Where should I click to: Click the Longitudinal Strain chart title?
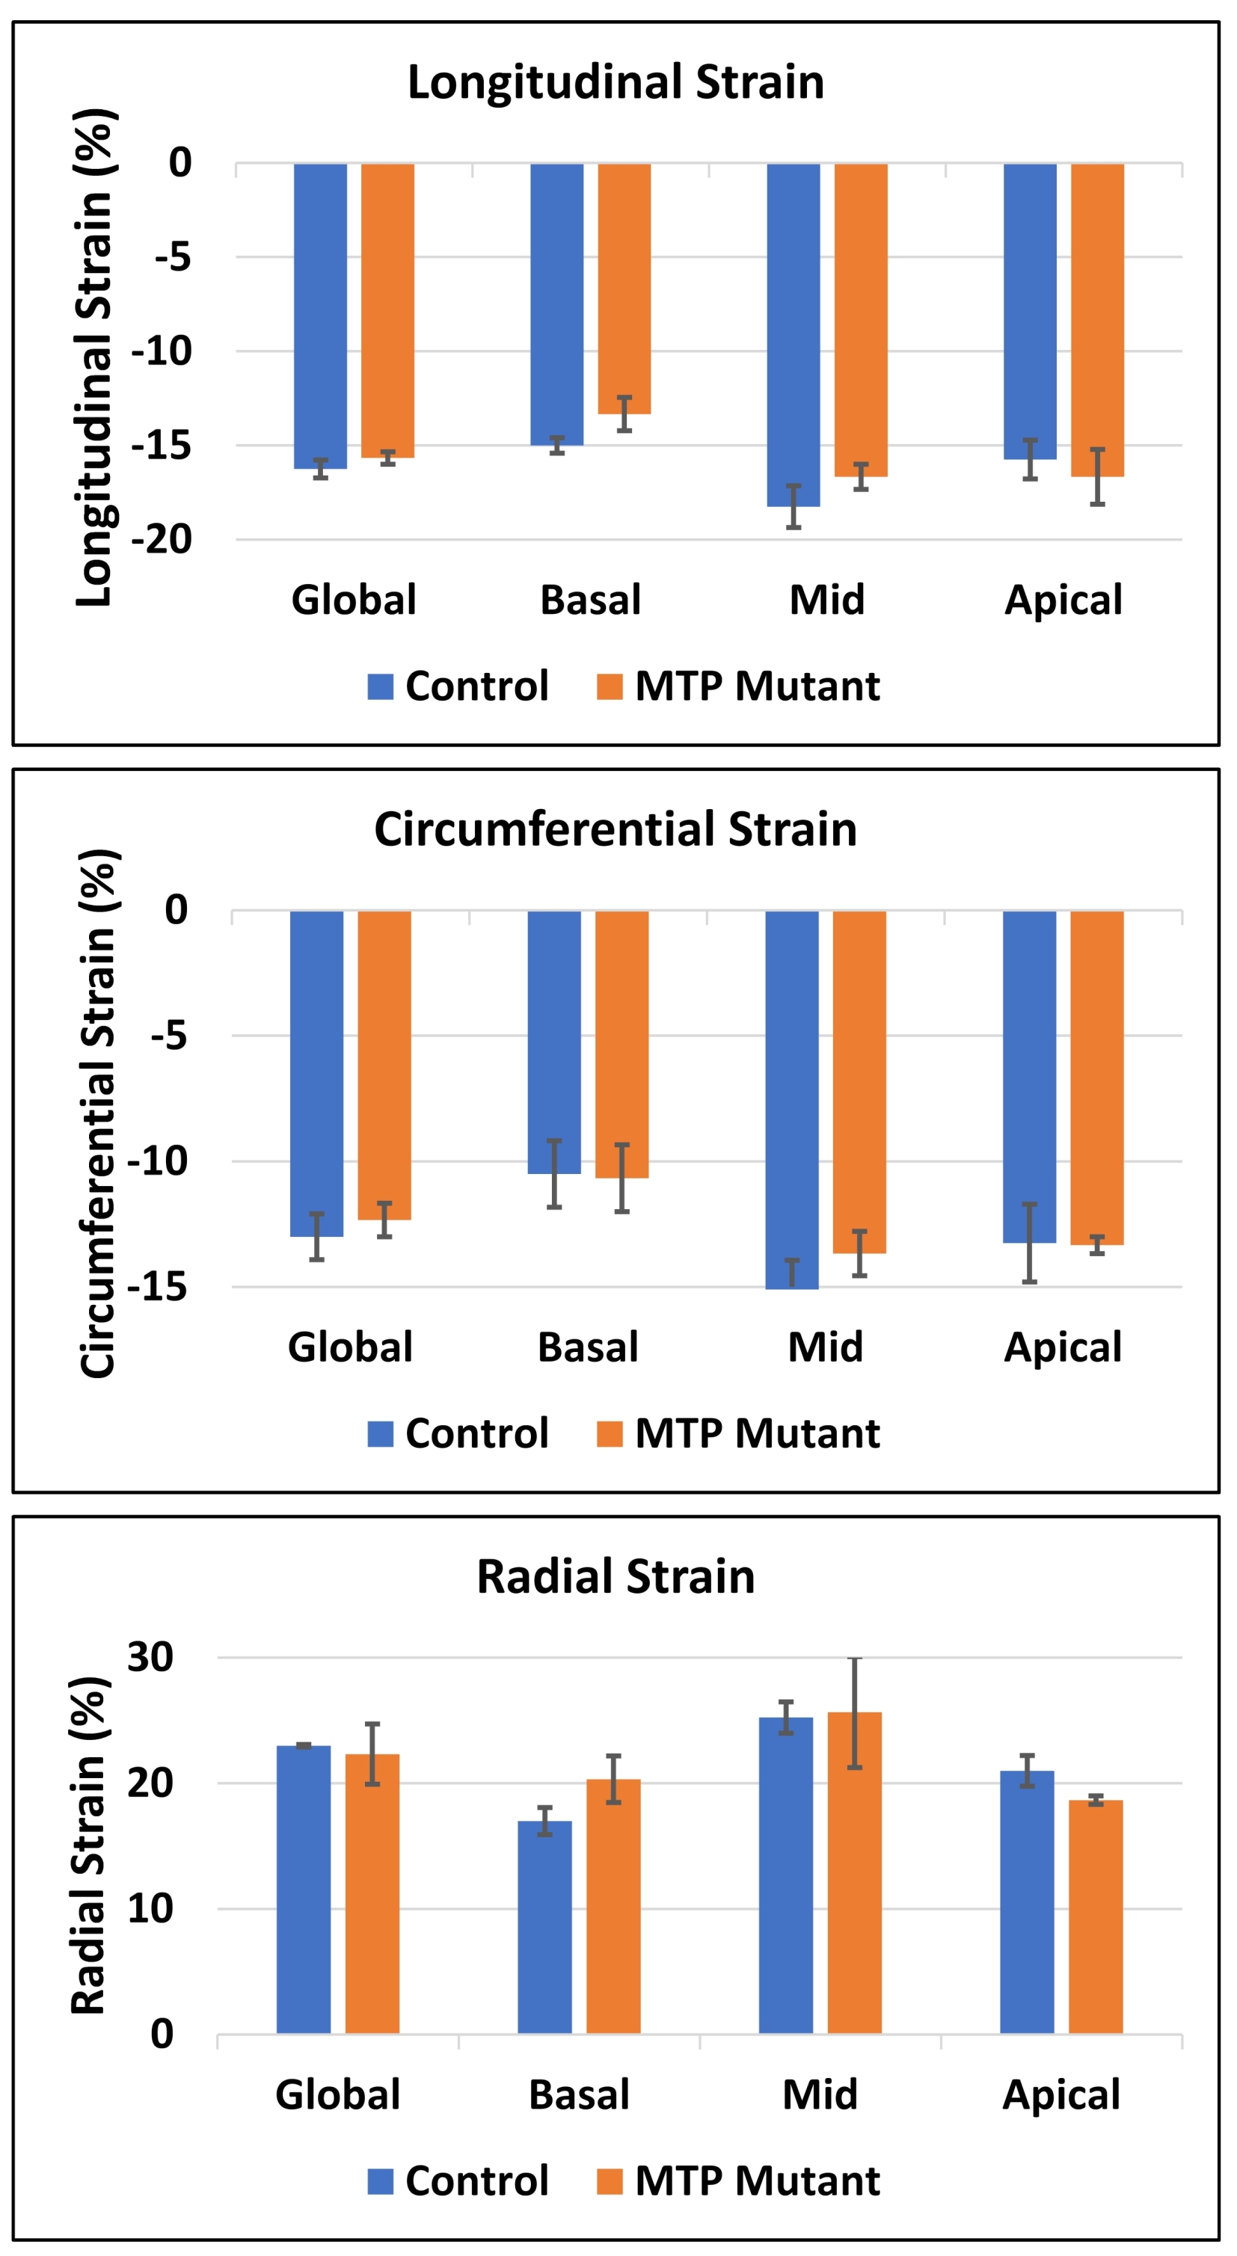click(x=616, y=82)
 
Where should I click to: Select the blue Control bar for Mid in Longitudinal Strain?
click(x=793, y=333)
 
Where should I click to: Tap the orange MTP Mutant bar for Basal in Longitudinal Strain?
click(x=624, y=289)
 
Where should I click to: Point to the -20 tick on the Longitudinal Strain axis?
click(x=162, y=539)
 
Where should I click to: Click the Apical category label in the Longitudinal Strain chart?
click(x=1063, y=600)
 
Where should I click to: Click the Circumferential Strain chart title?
click(x=616, y=829)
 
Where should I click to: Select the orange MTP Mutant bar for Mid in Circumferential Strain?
click(x=859, y=1081)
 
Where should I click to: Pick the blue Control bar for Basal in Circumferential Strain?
click(x=553, y=1042)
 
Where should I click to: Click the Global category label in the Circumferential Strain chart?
click(x=351, y=1347)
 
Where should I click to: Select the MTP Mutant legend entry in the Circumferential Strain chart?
click(x=738, y=1433)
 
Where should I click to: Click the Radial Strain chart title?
click(x=616, y=1577)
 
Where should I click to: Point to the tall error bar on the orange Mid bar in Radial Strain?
click(x=854, y=1712)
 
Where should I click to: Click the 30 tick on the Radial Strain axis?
click(x=150, y=1657)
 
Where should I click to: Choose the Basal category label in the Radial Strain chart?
click(x=579, y=2096)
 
